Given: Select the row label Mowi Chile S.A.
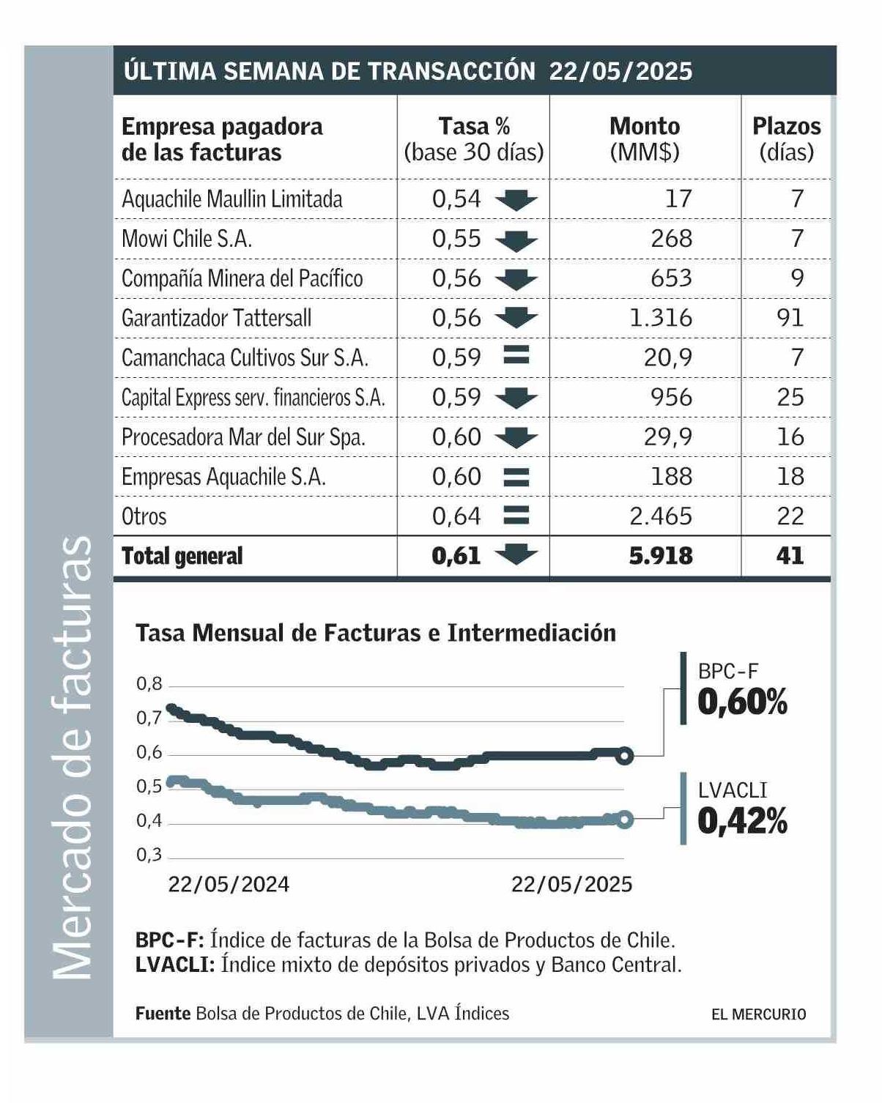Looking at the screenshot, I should pyautogui.click(x=186, y=239).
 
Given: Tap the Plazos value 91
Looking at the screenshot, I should pyautogui.click(x=790, y=318).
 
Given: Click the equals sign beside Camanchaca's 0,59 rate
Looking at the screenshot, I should pyautogui.click(x=516, y=355).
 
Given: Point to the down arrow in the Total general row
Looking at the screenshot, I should pyautogui.click(x=516, y=554).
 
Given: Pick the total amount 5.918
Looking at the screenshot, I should pyautogui.click(x=660, y=556).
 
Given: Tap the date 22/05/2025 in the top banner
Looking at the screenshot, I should pyautogui.click(x=620, y=71).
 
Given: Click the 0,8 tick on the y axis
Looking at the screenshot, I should pyautogui.click(x=149, y=684).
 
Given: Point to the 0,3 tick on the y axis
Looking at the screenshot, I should pyautogui.click(x=149, y=855).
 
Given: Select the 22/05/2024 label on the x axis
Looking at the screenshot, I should pyautogui.click(x=229, y=885).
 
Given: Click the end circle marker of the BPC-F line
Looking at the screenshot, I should pyautogui.click(x=624, y=756).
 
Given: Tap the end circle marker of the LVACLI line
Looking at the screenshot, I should pyautogui.click(x=624, y=820).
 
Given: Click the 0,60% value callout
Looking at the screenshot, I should pyautogui.click(x=742, y=702).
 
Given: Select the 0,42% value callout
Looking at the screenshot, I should pyautogui.click(x=742, y=821).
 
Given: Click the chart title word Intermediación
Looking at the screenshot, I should pyautogui.click(x=532, y=633).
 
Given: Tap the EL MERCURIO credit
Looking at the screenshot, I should pyautogui.click(x=758, y=1014).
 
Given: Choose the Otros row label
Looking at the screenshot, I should pyautogui.click(x=144, y=516).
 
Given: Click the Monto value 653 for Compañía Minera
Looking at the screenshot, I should pyautogui.click(x=671, y=278).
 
